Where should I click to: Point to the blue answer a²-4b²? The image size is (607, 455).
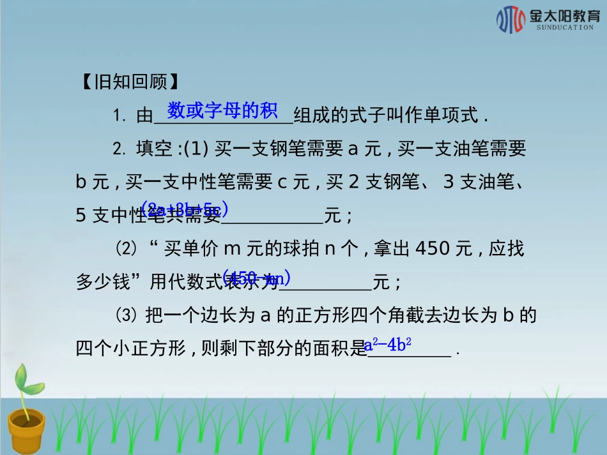coord(388,345)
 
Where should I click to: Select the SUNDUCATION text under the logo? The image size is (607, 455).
coord(565,28)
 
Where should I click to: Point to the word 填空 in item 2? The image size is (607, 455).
coord(154,149)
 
